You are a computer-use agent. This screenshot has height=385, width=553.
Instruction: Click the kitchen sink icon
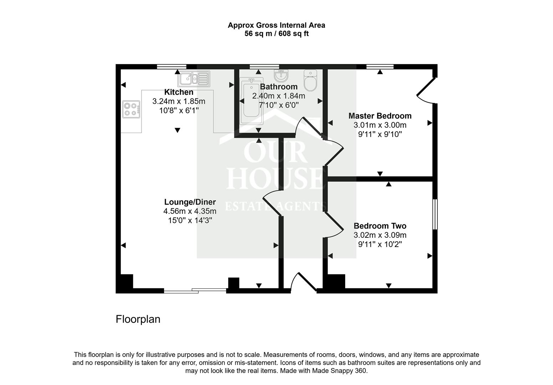tap(194, 78)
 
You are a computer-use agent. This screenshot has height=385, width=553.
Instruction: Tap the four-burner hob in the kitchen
tap(131, 109)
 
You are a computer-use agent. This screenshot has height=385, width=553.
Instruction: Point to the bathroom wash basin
tap(281, 75)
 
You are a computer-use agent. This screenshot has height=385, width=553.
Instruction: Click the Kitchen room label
tap(179, 92)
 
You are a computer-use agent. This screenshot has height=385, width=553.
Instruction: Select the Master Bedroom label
tap(380, 116)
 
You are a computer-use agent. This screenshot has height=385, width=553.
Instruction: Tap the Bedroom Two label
tap(380, 226)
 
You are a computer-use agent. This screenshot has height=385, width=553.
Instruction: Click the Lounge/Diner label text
tap(190, 202)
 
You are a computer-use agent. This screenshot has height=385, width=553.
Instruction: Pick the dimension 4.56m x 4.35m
tap(190, 211)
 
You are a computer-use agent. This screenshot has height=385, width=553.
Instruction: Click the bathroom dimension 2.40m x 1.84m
tap(278, 96)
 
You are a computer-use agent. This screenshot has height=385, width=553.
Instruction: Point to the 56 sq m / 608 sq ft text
tap(276, 34)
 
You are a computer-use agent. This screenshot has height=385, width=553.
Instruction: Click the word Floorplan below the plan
tap(138, 319)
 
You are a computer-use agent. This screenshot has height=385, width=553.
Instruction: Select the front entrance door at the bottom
tap(303, 283)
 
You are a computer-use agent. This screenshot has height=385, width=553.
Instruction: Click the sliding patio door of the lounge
tap(195, 291)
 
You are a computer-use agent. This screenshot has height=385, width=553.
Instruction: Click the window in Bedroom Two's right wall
tap(435, 214)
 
